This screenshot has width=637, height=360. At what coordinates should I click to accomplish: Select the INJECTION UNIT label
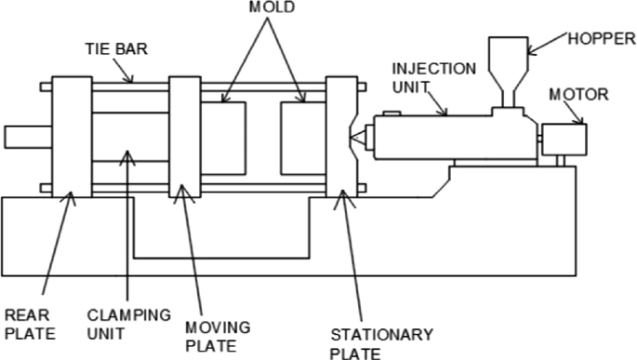[433, 79]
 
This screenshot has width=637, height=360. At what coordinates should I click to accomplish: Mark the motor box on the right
[564, 139]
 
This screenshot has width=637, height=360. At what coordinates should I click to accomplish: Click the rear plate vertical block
[71, 138]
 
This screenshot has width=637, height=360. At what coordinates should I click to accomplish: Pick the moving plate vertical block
[184, 138]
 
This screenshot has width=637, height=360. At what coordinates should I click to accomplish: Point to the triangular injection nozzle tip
[357, 138]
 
